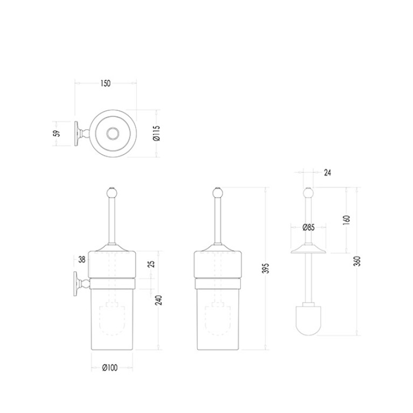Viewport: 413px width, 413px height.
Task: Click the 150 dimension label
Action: pyautogui.click(x=106, y=83)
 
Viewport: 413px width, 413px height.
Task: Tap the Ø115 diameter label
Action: pyautogui.click(x=157, y=134)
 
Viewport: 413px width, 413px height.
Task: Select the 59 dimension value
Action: pyautogui.click(x=57, y=133)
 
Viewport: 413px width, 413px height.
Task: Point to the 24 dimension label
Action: pyautogui.click(x=327, y=172)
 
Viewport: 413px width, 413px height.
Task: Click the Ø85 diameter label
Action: pyautogui.click(x=309, y=227)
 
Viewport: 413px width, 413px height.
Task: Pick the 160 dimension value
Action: pyautogui.click(x=346, y=220)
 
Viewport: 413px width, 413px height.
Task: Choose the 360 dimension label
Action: pyautogui.click(x=358, y=261)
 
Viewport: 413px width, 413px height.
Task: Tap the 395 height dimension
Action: pyautogui.click(x=267, y=268)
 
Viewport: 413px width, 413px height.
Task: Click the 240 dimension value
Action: pyautogui.click(x=158, y=300)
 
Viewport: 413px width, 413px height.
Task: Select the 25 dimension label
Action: pyautogui.click(x=151, y=264)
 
